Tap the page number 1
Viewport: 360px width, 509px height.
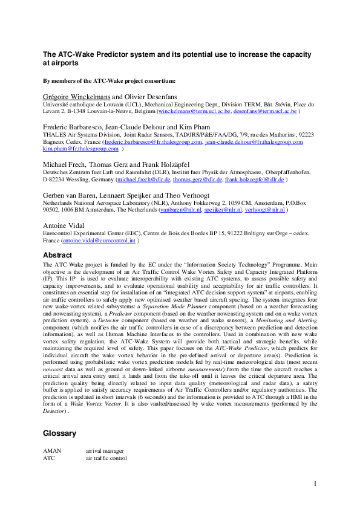pos(316,484)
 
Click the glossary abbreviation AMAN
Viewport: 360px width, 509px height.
pos(53,451)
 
